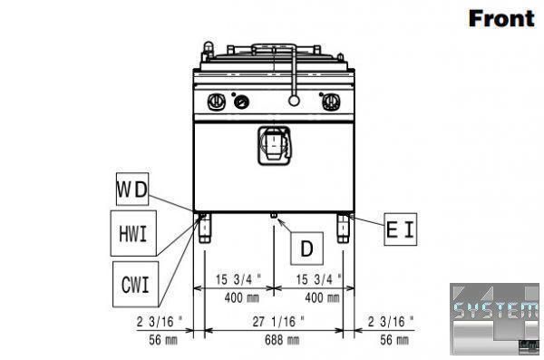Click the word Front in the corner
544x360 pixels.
501,18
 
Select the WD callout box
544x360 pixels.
132,189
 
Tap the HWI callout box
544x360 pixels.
133,233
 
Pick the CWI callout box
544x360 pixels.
135,285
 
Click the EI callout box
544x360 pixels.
401,229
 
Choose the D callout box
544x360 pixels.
307,248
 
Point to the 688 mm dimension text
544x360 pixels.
282,340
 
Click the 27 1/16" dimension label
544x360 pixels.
278,322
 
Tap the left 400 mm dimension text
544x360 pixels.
242,297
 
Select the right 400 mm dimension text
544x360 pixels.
322,297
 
